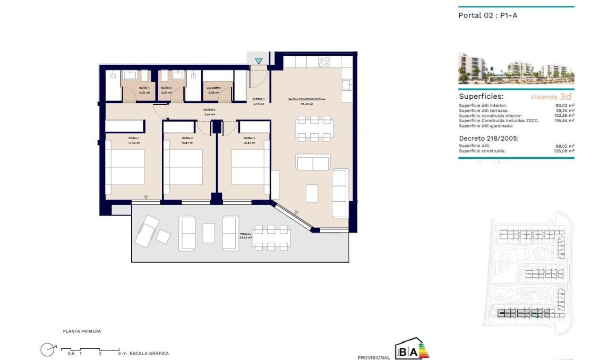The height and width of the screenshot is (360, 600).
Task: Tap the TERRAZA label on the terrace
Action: [245, 234]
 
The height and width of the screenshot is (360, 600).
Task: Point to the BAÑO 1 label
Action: [144, 88]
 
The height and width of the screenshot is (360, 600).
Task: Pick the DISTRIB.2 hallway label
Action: [209, 109]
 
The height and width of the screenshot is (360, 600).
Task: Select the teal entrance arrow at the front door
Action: [259, 61]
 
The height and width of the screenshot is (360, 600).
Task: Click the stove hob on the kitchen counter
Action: [324, 62]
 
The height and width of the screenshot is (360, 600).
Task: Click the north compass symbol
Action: [48, 349]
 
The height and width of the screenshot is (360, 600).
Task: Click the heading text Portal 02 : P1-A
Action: [487, 15]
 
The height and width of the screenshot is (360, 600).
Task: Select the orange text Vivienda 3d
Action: [551, 97]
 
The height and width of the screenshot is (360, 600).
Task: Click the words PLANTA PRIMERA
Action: [82, 331]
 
